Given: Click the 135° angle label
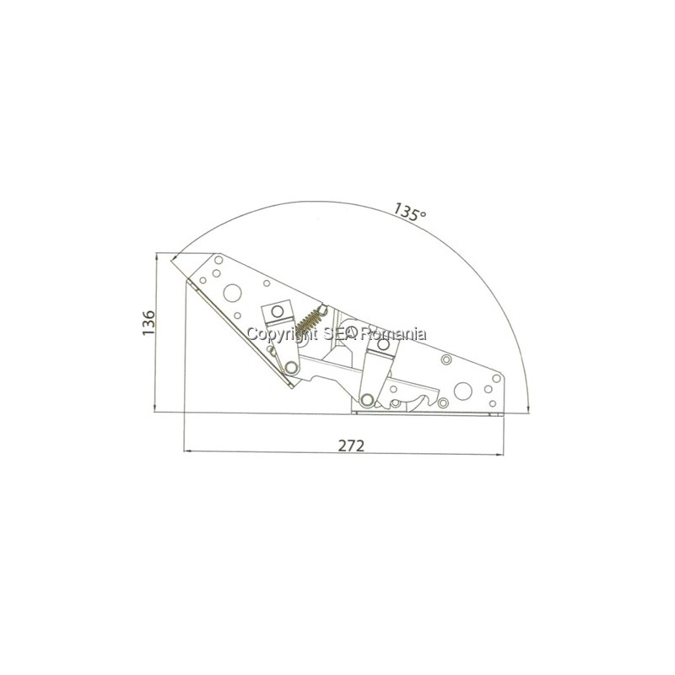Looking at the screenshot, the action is pos(409,212).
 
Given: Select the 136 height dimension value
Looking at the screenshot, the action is pos(148,322).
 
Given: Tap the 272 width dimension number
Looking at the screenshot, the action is pos(351,445).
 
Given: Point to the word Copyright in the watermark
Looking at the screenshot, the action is pos(282,334).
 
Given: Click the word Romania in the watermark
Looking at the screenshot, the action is pos(394,333).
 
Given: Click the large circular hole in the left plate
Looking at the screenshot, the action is pos(233,293).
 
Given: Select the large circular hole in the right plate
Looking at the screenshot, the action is pos(462,391).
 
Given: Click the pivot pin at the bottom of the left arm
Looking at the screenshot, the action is pos(291,367).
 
